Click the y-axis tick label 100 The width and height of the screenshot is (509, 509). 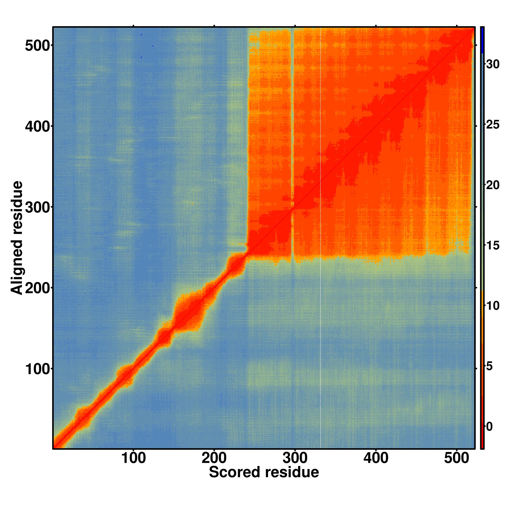coord(37,370)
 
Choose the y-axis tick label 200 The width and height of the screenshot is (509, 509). coord(37,289)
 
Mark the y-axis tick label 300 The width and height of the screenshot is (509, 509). coord(37,208)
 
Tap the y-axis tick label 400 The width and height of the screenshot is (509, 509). coord(37,127)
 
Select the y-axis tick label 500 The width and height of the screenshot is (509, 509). coord(37,46)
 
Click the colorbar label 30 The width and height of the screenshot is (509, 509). coord(492,64)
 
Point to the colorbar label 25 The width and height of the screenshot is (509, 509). coord(492,125)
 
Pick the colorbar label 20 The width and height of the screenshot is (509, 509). coord(492,186)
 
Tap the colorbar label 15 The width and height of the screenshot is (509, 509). coord(492,246)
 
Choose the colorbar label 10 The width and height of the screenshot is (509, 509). coord(492,306)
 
